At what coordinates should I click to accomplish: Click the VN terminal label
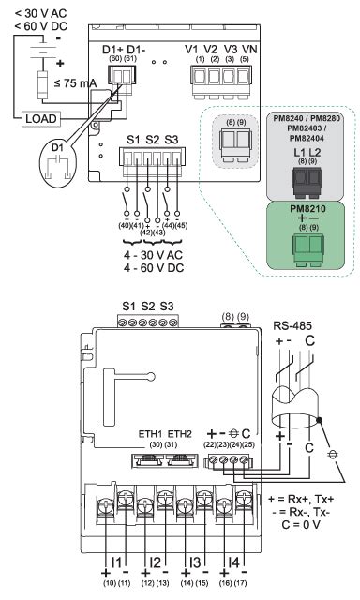coord(247,47)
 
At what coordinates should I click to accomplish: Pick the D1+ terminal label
coord(107,47)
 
